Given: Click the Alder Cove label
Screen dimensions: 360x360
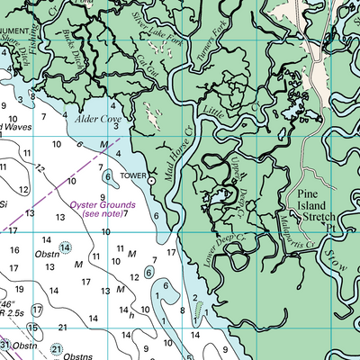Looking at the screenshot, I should tap(98, 119).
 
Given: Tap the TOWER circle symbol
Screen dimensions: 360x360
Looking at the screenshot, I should tap(152, 181).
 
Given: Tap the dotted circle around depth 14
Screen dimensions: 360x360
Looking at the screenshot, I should tap(65, 247).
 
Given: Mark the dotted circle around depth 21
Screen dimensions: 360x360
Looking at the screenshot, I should tap(57, 349).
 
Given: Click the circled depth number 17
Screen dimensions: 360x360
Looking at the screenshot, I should tap(35, 310).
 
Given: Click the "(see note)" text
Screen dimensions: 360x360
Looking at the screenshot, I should tap(102, 214).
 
